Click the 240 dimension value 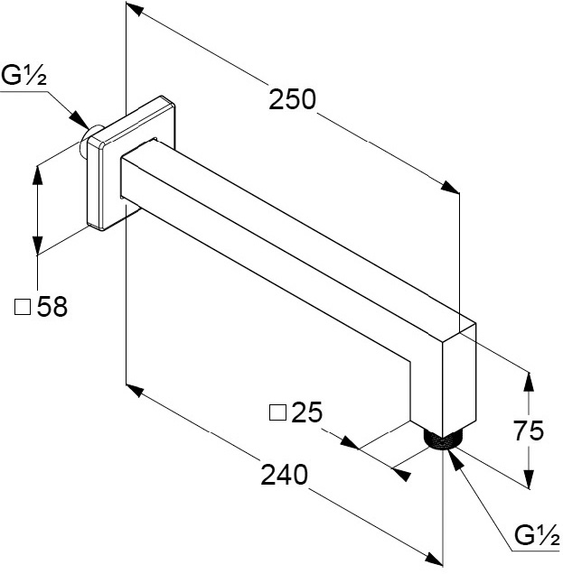[281, 472]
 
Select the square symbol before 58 [23, 308]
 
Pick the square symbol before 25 [277, 413]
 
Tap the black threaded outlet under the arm [442, 440]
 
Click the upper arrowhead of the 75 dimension [530, 381]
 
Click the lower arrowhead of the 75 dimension [530, 477]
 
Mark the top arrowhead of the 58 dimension [37, 172]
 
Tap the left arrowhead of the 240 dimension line [135, 390]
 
